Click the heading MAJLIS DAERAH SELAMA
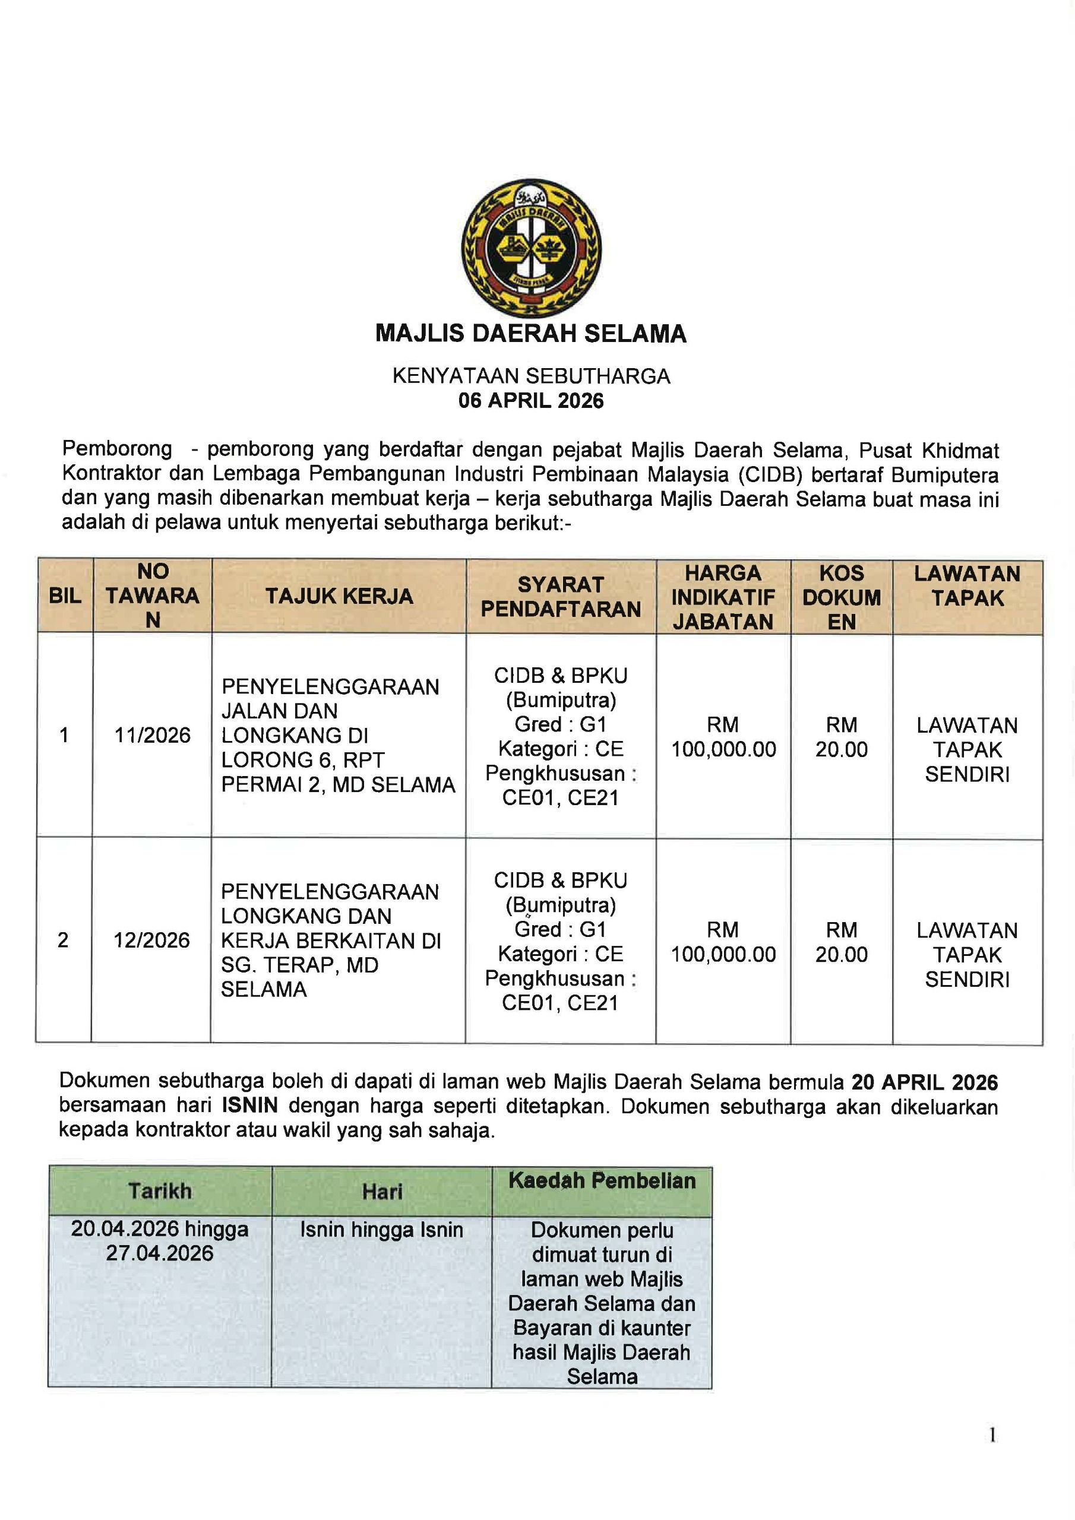530,333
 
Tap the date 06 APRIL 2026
530,401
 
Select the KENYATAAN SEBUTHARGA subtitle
530,376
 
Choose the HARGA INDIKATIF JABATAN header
723,597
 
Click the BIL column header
65,596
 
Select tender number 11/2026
153,735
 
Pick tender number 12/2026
151,940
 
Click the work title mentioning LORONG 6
338,736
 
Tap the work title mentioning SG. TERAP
330,940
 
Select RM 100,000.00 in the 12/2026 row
723,942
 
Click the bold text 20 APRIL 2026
924,1082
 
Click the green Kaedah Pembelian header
602,1181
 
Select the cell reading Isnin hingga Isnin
381,1230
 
